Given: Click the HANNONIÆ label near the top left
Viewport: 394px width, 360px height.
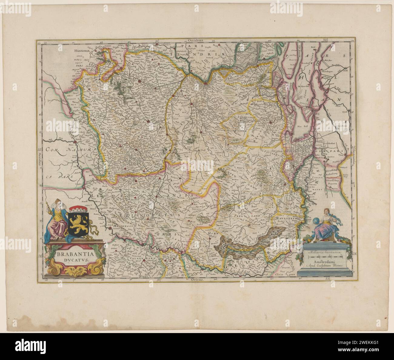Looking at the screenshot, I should pyautogui.click(x=82, y=51).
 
